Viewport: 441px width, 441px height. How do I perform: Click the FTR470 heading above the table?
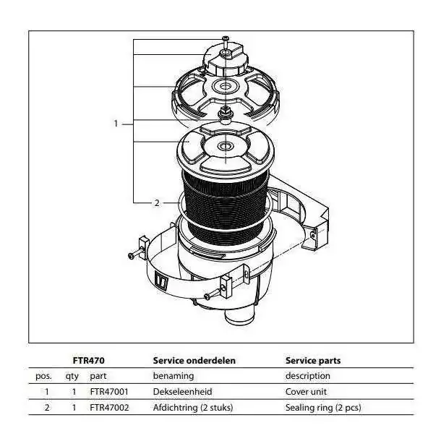tap(89, 361)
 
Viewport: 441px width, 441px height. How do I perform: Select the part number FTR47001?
tap(109, 392)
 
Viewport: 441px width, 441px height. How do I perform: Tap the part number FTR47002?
tap(109, 408)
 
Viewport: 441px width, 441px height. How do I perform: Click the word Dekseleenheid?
tap(182, 392)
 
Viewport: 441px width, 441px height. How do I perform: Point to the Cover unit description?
tap(306, 392)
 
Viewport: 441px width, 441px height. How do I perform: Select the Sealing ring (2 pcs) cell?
tap(323, 408)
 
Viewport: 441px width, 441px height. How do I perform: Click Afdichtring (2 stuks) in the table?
tap(193, 408)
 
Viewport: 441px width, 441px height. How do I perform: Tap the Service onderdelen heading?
tap(194, 361)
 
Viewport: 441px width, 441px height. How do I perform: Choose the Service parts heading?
tap(313, 361)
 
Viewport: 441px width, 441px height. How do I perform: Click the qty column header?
tap(72, 377)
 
